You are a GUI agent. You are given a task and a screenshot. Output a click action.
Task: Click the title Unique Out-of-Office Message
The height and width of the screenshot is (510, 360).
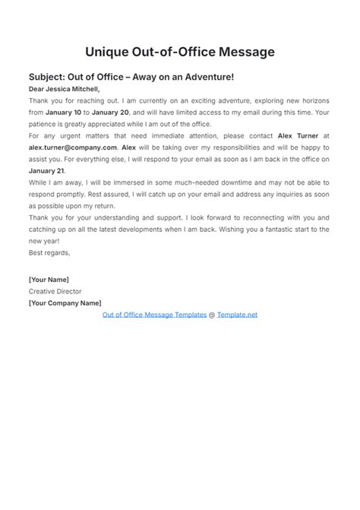pyautogui.click(x=179, y=52)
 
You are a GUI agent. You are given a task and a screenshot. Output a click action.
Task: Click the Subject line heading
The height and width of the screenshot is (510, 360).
pyautogui.click(x=131, y=77)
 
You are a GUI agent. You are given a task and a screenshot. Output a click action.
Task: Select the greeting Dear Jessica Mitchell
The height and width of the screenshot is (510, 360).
pyautogui.click(x=64, y=89)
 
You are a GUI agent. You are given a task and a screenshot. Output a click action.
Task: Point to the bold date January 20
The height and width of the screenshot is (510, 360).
pyautogui.click(x=112, y=112)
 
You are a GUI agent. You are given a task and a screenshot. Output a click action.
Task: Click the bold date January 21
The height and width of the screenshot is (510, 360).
pyautogui.click(x=46, y=171)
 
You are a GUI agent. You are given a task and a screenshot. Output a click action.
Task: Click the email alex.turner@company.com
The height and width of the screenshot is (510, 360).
pyautogui.click(x=73, y=147)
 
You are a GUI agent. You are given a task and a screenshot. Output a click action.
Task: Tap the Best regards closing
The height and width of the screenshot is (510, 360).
pyautogui.click(x=49, y=253)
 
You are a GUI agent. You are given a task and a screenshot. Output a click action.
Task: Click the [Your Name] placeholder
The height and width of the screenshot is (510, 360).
pyautogui.click(x=49, y=279)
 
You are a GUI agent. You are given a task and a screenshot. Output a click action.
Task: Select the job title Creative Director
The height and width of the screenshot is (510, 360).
pyautogui.click(x=55, y=291)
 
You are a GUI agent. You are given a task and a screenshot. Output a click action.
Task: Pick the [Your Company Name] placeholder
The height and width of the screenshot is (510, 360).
pyautogui.click(x=65, y=303)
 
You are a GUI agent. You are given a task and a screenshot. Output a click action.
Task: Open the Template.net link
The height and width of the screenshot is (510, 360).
pyautogui.click(x=237, y=315)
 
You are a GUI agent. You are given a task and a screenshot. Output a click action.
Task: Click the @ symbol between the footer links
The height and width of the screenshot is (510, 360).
pyautogui.click(x=212, y=315)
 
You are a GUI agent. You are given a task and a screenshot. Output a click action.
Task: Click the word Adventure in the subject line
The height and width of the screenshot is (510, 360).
pyautogui.click(x=206, y=77)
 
